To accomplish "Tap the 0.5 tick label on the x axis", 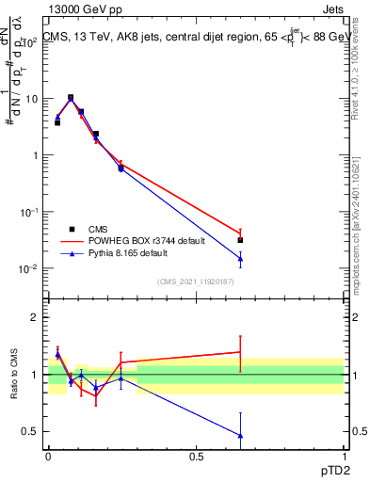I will [x=196, y=456].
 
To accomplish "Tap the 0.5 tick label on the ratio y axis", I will [x=30, y=431].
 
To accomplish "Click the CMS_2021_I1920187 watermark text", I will [x=196, y=281].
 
